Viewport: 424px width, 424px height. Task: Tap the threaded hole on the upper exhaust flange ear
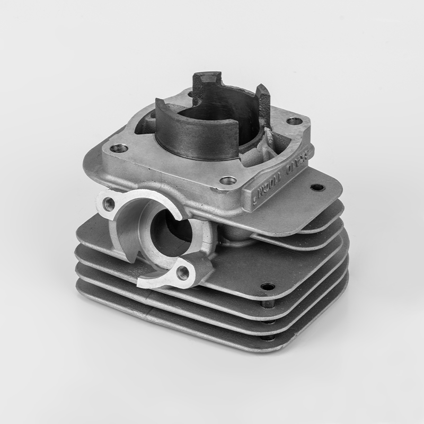(x=109, y=202)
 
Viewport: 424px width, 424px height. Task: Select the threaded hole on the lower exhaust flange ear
(x=183, y=272)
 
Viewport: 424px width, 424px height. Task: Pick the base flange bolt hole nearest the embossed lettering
(x=228, y=181)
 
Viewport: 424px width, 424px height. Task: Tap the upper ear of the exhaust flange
(x=111, y=204)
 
